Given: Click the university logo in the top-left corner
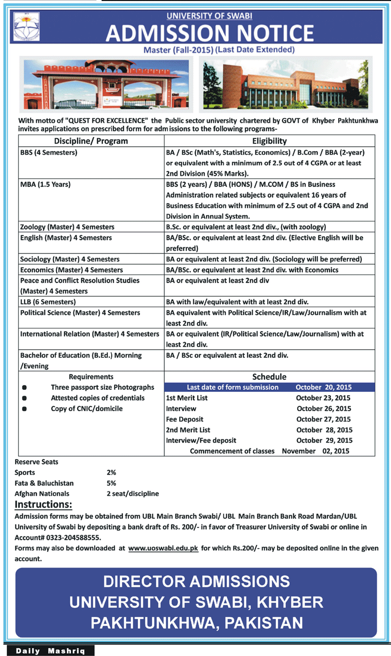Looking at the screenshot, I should point(27,27).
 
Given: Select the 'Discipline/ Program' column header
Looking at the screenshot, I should point(91,141).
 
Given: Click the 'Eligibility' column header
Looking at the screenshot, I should point(269,141).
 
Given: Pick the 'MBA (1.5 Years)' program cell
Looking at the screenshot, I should point(46,185).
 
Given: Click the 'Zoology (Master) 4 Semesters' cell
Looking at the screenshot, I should point(67,227).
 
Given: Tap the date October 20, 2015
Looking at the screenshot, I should point(323,387).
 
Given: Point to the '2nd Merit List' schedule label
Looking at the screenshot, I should point(187,430).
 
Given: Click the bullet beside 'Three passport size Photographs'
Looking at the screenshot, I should point(24,387).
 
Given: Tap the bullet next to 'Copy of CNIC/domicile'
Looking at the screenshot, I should point(24,409).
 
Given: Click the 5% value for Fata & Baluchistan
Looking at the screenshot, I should point(111,483).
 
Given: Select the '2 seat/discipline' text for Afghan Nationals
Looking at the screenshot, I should point(133,494).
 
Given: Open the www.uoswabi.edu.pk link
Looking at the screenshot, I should point(163,548).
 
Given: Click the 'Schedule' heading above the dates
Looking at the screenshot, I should point(269,377).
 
